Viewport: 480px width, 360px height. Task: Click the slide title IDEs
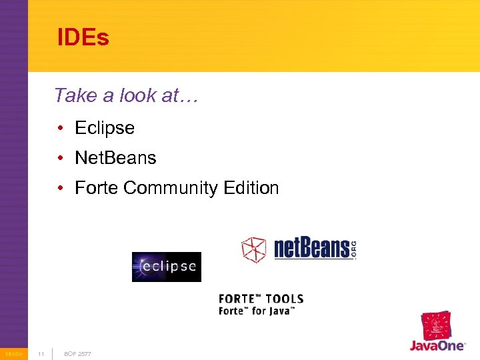click(x=83, y=38)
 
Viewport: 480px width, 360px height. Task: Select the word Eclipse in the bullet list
click(x=105, y=128)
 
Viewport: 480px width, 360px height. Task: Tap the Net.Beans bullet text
click(x=115, y=158)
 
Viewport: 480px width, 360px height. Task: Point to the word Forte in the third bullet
click(x=97, y=188)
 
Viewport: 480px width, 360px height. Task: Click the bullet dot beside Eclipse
click(x=60, y=128)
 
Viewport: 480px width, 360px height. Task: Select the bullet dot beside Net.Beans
click(x=60, y=158)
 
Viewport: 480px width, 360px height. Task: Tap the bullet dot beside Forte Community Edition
click(x=60, y=188)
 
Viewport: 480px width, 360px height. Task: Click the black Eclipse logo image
click(x=166, y=267)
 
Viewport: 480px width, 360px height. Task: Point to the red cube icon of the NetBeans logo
click(x=253, y=249)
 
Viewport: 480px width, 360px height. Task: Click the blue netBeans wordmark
click(x=312, y=249)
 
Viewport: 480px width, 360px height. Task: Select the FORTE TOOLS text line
click(x=261, y=299)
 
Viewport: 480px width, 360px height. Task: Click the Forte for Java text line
click(x=257, y=311)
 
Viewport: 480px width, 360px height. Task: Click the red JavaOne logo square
click(x=436, y=326)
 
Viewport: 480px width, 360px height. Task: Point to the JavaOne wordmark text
click(x=437, y=347)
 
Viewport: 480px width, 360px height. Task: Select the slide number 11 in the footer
click(x=41, y=353)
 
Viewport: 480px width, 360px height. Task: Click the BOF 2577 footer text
click(x=77, y=353)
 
